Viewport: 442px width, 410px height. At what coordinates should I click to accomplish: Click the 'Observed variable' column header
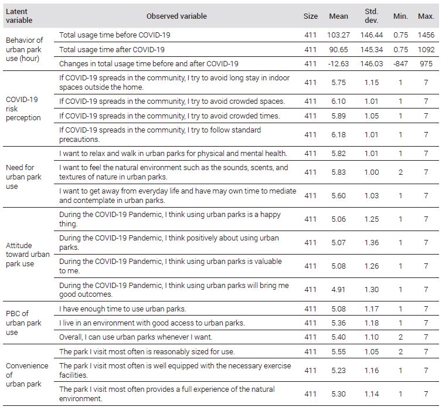[176, 16]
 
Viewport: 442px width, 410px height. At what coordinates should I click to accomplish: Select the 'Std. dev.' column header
[371, 16]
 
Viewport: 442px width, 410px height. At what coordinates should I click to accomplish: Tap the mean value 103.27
[338, 35]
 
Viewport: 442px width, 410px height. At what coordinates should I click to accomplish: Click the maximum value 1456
[426, 35]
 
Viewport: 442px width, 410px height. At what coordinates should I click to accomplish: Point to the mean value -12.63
[338, 64]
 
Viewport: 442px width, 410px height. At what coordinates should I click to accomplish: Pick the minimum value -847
[400, 64]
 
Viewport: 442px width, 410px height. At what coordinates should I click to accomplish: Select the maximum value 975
[426, 64]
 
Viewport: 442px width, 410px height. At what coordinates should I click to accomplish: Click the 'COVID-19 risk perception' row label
[23, 109]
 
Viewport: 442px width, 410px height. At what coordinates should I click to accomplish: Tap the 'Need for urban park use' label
[23, 177]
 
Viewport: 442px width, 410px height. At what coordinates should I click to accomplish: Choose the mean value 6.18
[338, 134]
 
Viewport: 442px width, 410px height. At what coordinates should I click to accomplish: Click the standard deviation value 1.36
[371, 242]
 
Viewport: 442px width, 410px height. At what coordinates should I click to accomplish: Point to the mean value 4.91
[338, 289]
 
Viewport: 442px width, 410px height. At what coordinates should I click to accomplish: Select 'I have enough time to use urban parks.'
[123, 309]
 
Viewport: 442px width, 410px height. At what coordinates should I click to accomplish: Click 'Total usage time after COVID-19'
[112, 50]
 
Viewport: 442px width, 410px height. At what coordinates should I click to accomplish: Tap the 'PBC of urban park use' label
[23, 323]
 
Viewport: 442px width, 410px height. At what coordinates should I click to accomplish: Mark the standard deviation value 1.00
[371, 172]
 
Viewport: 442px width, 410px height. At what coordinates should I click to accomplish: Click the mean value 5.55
[338, 351]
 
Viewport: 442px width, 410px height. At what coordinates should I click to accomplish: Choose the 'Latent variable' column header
[19, 16]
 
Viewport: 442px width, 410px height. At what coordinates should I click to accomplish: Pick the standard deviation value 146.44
[371, 35]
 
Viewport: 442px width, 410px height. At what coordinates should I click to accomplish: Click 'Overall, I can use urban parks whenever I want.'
[135, 337]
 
